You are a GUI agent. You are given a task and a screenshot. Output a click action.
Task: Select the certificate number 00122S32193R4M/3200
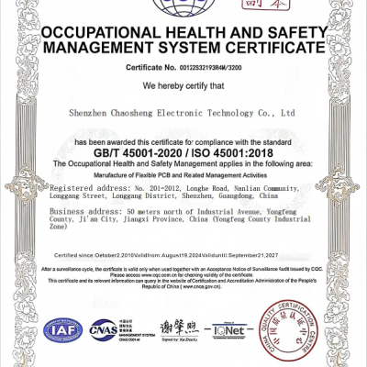point(214,69)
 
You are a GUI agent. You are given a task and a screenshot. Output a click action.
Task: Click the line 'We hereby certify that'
point(183,85)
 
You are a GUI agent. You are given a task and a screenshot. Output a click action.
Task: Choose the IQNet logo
point(229,328)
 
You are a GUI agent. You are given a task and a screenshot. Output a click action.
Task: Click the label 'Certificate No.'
point(150,69)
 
